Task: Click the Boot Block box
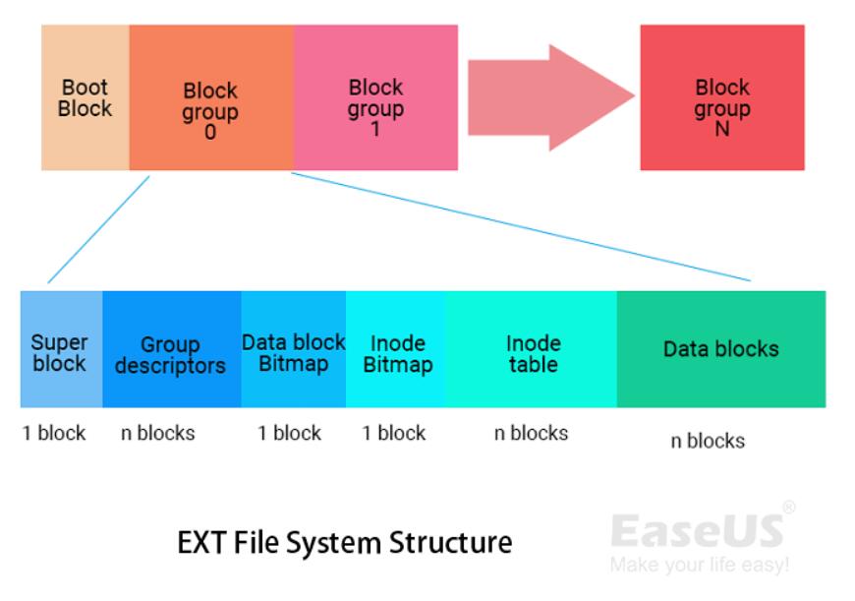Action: (x=85, y=98)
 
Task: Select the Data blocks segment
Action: (x=720, y=349)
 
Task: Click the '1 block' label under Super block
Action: (x=54, y=434)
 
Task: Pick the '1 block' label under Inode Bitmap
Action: (x=394, y=434)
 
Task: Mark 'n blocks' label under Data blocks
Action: (x=708, y=442)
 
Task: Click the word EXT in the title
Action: (x=201, y=542)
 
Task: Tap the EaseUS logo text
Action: (x=697, y=530)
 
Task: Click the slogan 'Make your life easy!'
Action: (x=699, y=566)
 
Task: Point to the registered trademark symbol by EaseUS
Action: (x=788, y=508)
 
